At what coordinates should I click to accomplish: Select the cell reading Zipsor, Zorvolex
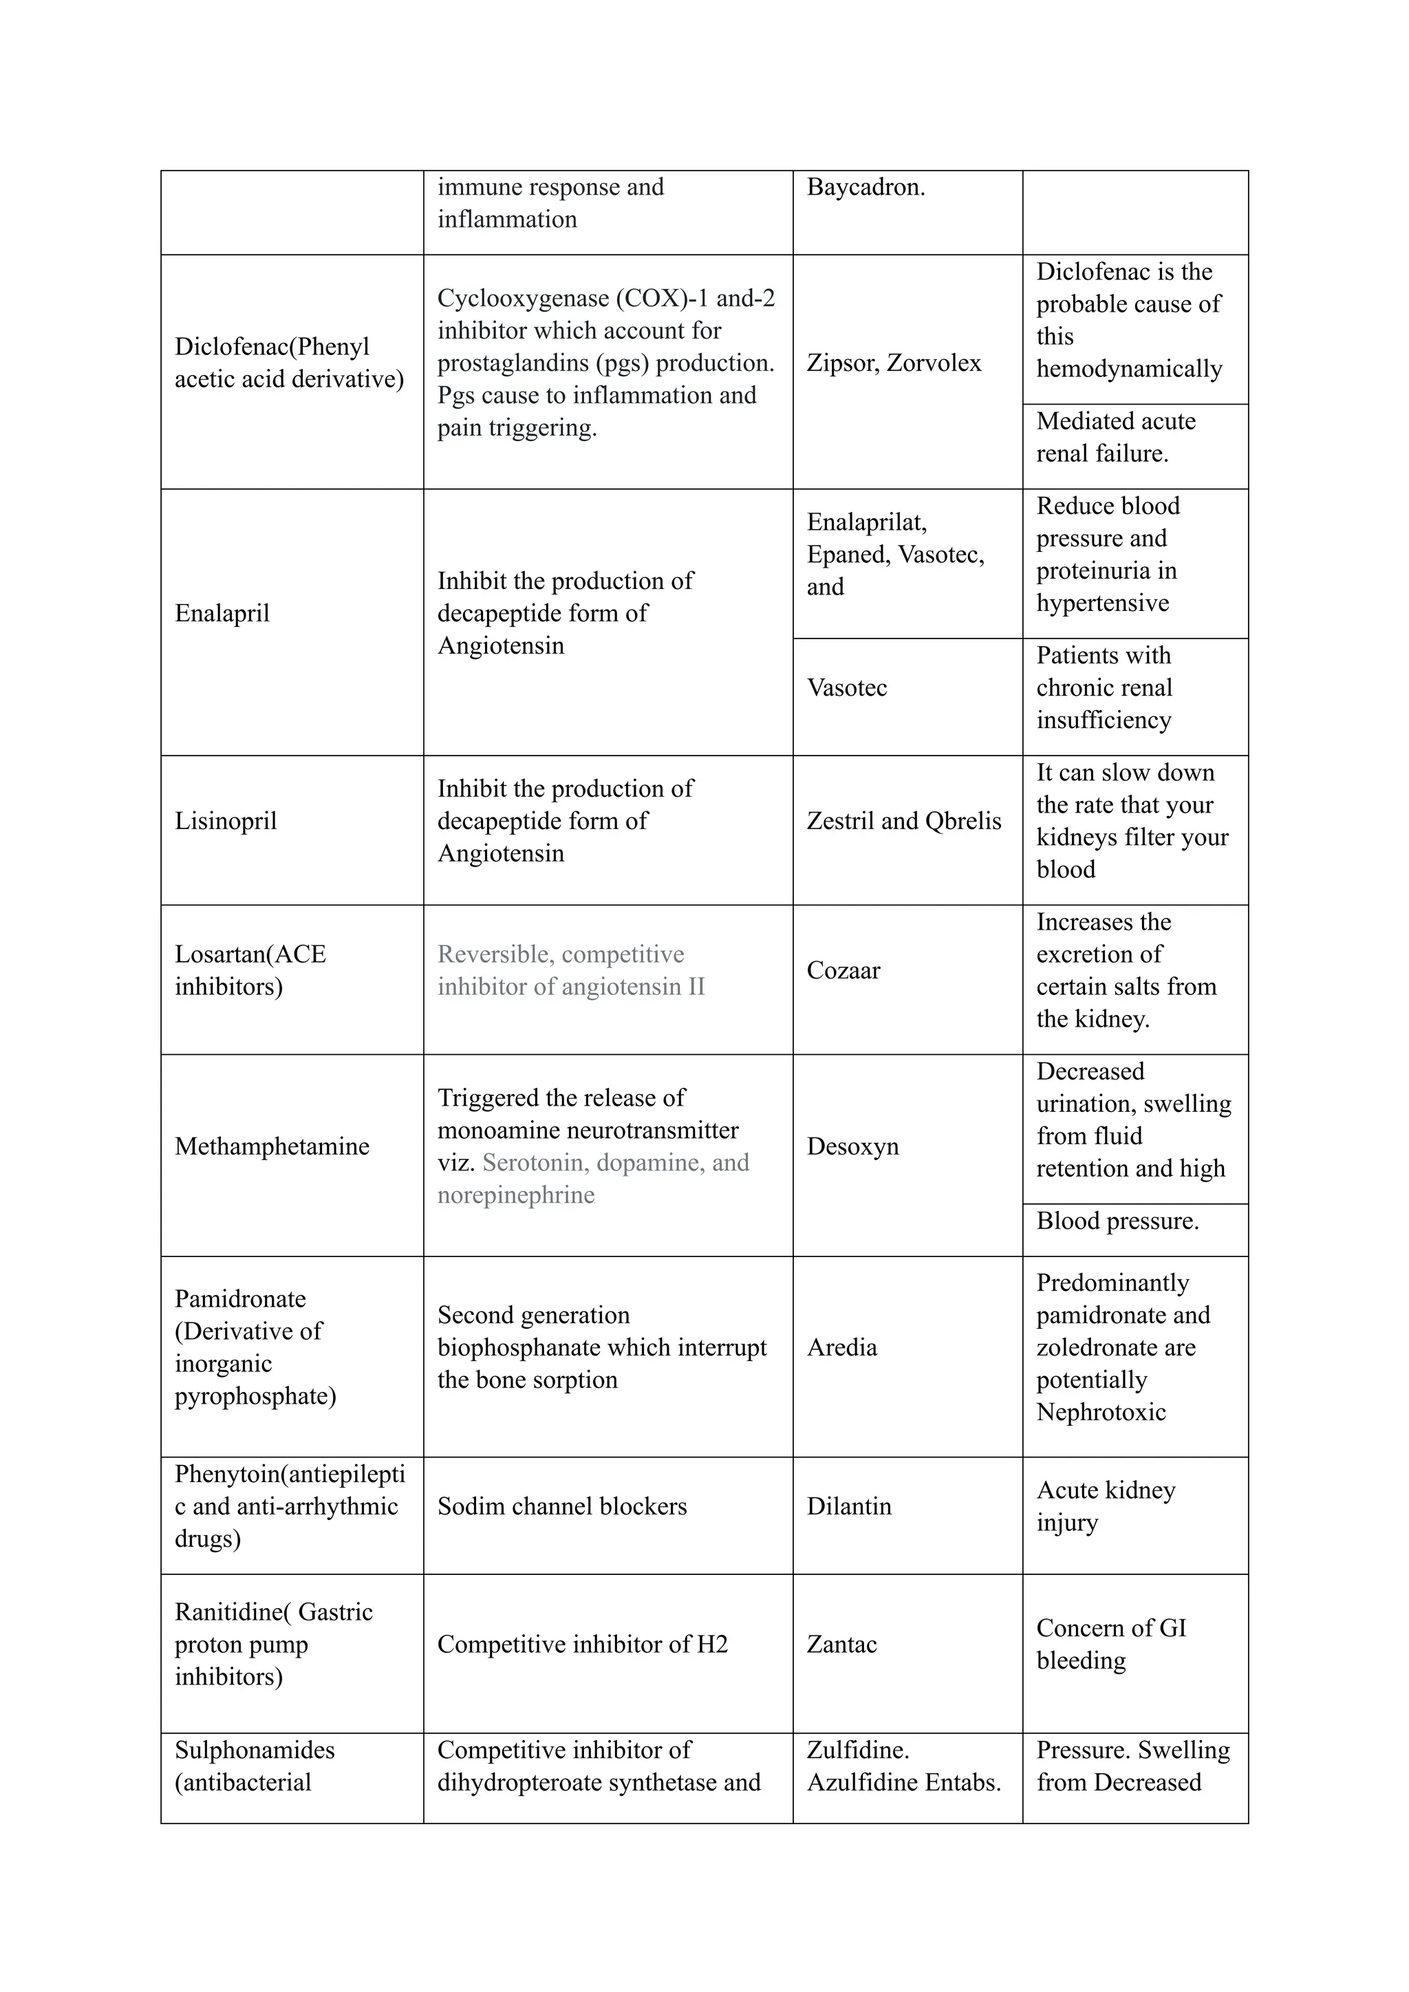[894, 363]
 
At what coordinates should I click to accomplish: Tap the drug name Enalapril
[222, 613]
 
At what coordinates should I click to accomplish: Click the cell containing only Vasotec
[847, 688]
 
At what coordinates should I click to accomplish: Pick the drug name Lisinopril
[226, 821]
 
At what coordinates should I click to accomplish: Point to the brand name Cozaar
[843, 970]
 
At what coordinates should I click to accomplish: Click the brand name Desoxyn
[853, 1146]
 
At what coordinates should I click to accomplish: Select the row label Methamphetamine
[272, 1146]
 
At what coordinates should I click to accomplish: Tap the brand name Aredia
[841, 1347]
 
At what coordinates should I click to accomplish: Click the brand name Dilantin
[848, 1506]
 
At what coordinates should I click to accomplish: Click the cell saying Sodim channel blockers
[561, 1506]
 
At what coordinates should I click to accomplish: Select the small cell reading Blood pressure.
[1117, 1221]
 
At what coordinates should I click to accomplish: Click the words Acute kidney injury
[1106, 1506]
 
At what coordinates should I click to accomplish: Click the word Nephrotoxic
[1101, 1413]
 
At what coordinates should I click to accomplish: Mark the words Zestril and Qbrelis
[903, 821]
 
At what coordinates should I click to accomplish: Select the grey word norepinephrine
[515, 1196]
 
